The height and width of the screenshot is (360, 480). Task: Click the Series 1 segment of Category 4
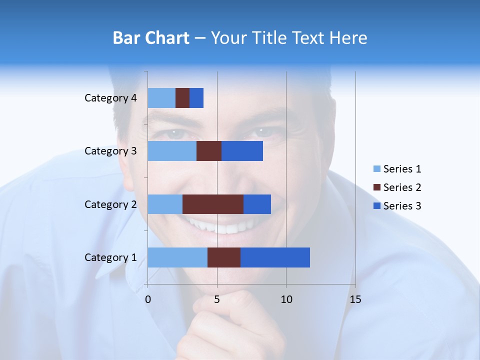161,98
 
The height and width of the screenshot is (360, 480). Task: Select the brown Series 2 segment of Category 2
213,204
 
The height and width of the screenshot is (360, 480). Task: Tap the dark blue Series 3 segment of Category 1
275,257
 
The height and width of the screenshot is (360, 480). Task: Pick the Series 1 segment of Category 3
172,151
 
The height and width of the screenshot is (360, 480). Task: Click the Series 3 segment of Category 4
196,98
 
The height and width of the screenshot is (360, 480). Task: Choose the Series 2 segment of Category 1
224,257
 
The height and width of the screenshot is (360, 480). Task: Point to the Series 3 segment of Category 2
257,204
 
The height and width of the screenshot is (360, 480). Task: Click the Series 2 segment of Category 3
209,151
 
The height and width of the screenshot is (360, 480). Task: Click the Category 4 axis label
110,98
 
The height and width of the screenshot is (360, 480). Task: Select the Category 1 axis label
110,257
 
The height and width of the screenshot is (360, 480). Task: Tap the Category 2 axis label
110,204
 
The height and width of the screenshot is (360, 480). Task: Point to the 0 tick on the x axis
148,299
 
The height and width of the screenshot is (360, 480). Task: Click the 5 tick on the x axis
217,299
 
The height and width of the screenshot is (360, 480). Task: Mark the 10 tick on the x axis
286,299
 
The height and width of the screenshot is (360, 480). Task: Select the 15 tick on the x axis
355,299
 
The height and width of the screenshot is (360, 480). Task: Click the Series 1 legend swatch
376,169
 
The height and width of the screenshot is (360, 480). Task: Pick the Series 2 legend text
402,187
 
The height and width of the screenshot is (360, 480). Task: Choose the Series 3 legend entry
397,206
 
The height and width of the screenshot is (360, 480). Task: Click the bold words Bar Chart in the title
150,37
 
